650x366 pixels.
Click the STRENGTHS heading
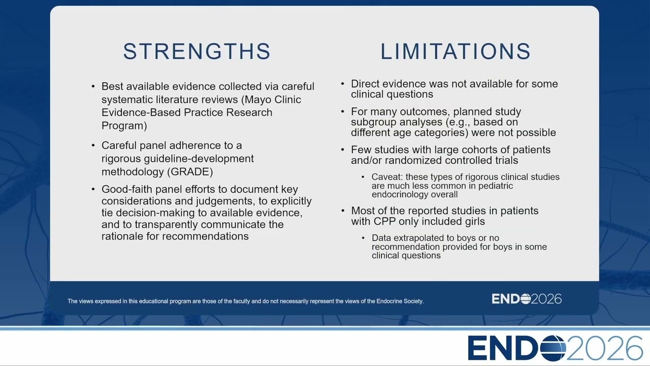pos(197,51)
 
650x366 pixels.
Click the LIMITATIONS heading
pos(456,51)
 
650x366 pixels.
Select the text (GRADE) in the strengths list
pos(190,172)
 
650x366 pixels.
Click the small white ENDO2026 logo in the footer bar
pos(527,299)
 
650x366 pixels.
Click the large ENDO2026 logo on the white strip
pos(556,348)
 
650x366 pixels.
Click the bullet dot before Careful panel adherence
pos(93,145)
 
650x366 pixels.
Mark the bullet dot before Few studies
pos(343,150)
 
